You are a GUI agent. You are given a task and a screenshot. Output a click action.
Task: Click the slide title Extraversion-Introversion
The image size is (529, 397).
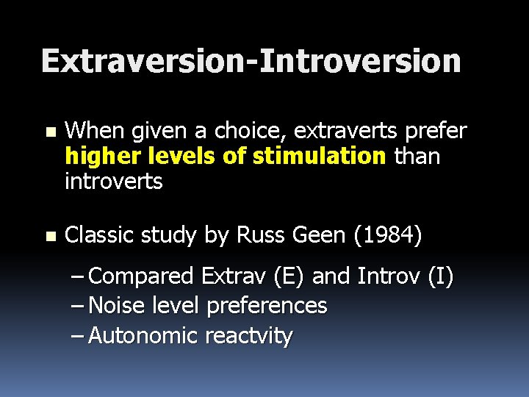(x=251, y=61)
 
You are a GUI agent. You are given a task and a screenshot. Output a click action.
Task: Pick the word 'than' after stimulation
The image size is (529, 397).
(x=417, y=157)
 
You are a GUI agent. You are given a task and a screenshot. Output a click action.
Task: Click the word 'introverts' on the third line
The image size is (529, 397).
(x=113, y=181)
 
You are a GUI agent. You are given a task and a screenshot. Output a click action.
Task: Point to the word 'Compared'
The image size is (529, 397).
(x=140, y=277)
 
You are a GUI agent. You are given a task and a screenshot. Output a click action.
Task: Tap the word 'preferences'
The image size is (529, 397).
(x=267, y=306)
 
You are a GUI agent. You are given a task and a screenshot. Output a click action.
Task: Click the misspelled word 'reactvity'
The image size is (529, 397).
(x=249, y=336)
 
